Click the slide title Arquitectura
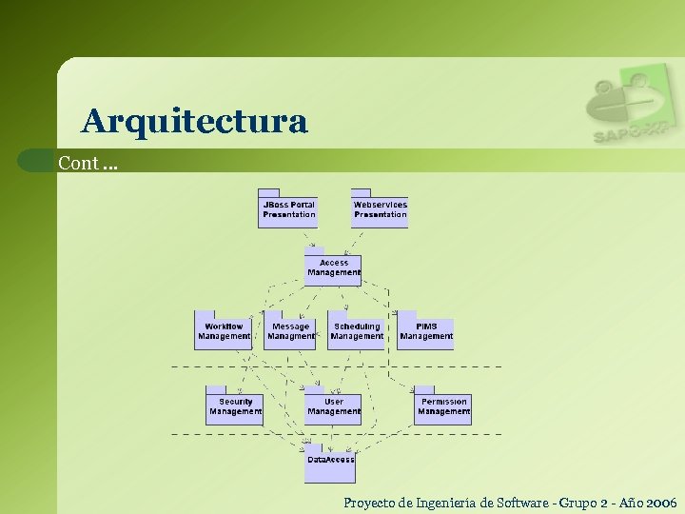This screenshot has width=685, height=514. click(x=195, y=121)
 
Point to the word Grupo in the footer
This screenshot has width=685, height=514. click(x=582, y=502)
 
